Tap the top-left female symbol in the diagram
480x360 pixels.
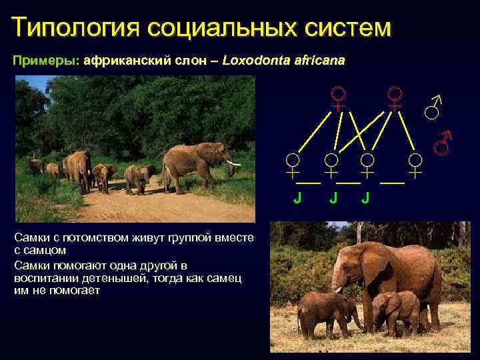coord(339,98)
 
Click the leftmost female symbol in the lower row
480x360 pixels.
coord(292,165)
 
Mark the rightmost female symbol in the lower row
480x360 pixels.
coord(415,165)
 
